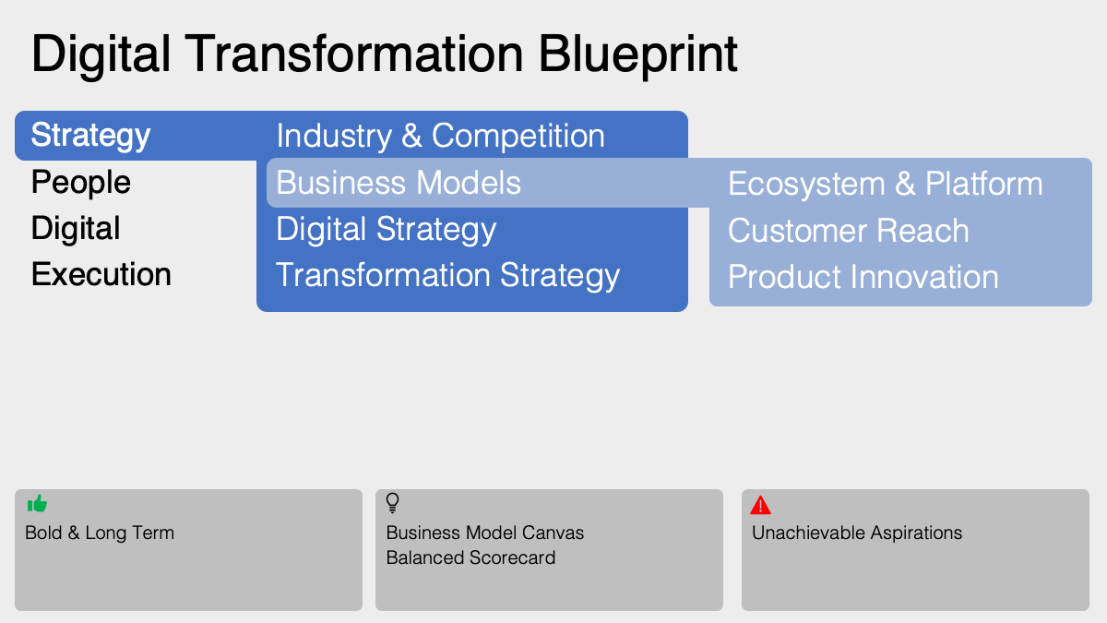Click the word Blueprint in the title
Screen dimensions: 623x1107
pyautogui.click(x=637, y=55)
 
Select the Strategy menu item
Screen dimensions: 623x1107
pyautogui.click(x=90, y=136)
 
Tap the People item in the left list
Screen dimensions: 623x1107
pyautogui.click(x=81, y=183)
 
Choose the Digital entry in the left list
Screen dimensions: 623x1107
pyautogui.click(x=76, y=229)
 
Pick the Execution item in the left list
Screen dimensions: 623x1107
pyautogui.click(x=101, y=275)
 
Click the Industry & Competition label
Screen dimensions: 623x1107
pyautogui.click(x=440, y=137)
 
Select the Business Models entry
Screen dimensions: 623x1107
pyautogui.click(x=399, y=183)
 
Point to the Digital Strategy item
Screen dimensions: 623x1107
pyautogui.click(x=386, y=230)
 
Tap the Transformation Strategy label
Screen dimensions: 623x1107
pyautogui.click(x=447, y=276)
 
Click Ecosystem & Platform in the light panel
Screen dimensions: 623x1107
pyautogui.click(x=885, y=184)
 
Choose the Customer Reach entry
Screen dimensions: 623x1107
pyautogui.click(x=848, y=231)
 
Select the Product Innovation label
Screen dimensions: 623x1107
pyautogui.click(x=863, y=277)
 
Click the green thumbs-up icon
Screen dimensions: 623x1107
pyautogui.click(x=37, y=504)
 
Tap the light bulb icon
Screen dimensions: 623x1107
pyautogui.click(x=392, y=503)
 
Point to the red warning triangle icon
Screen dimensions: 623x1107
pyautogui.click(x=760, y=505)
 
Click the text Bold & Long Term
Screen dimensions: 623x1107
pyautogui.click(x=100, y=533)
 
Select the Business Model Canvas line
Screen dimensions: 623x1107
pyautogui.click(x=484, y=533)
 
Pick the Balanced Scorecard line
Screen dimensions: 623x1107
pyautogui.click(x=470, y=557)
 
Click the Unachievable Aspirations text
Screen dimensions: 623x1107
pyautogui.click(x=856, y=533)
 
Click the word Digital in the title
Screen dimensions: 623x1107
pyautogui.click(x=101, y=55)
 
